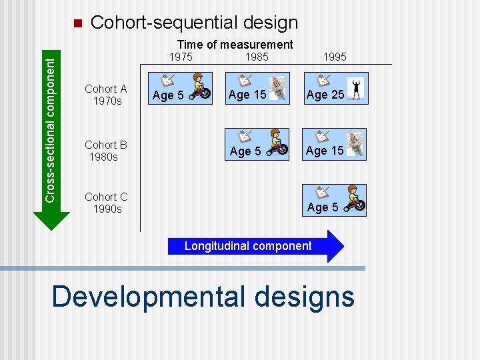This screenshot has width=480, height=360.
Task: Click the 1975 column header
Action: (181, 57)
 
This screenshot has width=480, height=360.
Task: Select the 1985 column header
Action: (257, 57)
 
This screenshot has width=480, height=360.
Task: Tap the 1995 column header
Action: (334, 57)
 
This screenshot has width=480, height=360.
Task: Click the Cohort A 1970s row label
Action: (105, 95)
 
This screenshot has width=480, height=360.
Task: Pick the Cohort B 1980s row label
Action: (105, 151)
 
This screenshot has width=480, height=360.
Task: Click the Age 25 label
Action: (325, 95)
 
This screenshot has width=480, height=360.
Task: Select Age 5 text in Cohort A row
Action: (168, 96)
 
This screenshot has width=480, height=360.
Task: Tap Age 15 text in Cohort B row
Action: (325, 151)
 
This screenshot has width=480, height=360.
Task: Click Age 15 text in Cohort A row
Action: (247, 95)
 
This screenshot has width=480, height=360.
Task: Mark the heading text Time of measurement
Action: (235, 44)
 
